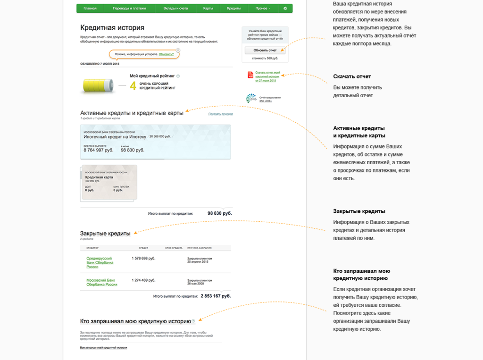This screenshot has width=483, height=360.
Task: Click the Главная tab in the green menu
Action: click(x=90, y=8)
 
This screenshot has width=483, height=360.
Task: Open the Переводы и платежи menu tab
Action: click(x=130, y=8)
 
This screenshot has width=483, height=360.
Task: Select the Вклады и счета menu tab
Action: click(x=175, y=8)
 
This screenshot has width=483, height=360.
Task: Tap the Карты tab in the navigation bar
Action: click(x=208, y=8)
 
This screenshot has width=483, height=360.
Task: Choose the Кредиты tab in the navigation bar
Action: click(x=233, y=8)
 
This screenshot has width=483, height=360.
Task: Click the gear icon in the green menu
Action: click(x=285, y=8)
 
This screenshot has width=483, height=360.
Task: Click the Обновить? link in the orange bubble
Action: click(x=166, y=54)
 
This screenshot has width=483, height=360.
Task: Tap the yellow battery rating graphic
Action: click(x=98, y=85)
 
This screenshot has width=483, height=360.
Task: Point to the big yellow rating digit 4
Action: click(x=133, y=86)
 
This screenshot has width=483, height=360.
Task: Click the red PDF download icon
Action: click(x=250, y=75)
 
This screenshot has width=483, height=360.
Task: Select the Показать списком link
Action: click(x=220, y=114)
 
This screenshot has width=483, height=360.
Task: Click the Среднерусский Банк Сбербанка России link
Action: click(x=100, y=263)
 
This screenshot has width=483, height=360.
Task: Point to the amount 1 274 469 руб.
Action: click(x=143, y=280)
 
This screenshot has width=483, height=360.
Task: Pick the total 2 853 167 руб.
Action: click(x=216, y=296)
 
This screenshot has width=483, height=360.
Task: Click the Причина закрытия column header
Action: click(x=199, y=248)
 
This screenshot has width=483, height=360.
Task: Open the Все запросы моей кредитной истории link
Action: click(x=104, y=348)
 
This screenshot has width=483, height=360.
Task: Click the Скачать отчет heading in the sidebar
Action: click(x=352, y=76)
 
